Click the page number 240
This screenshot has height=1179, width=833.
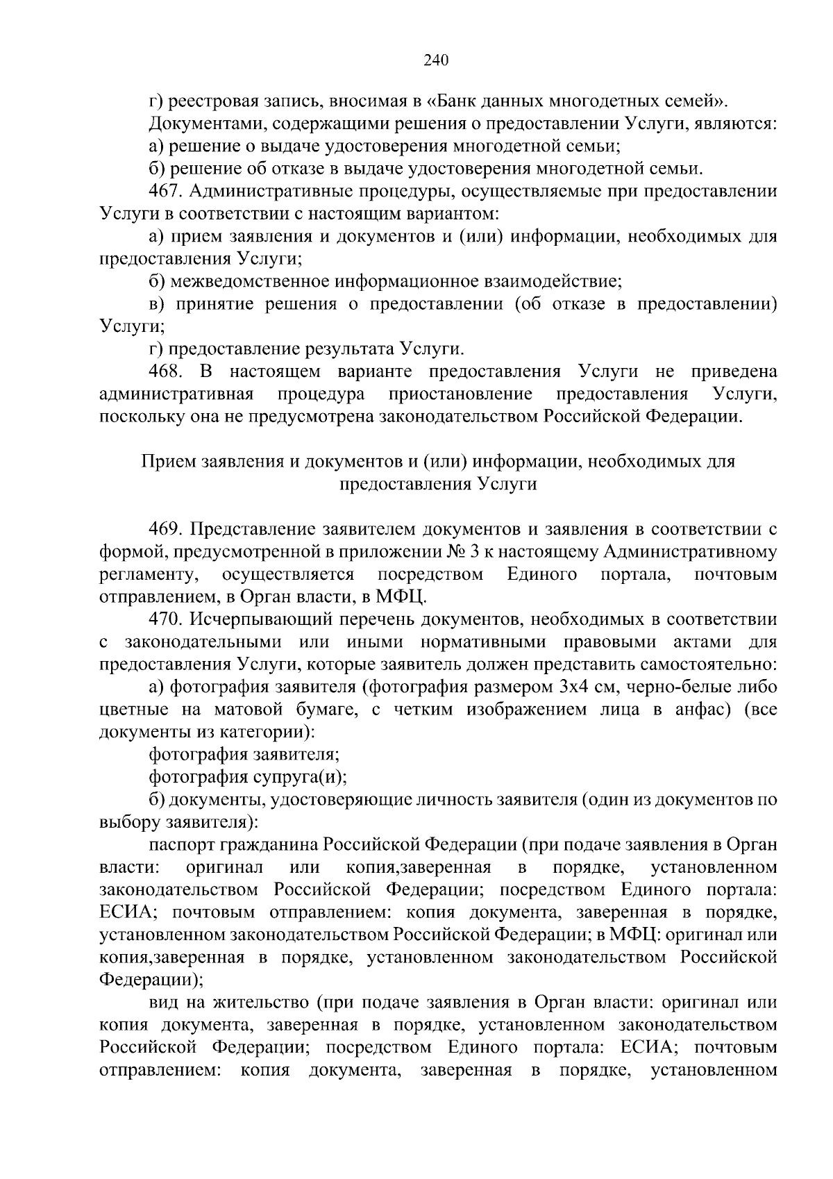coord(436,60)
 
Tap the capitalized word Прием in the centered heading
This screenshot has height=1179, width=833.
coord(168,461)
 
